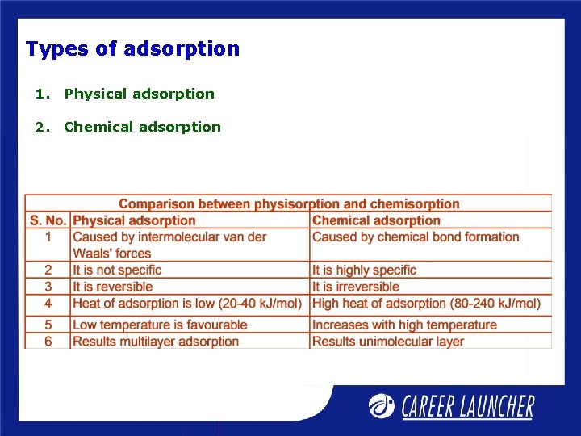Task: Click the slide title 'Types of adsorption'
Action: [x=132, y=49]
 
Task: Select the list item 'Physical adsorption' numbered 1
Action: [x=139, y=94]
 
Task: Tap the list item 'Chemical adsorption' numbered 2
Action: [x=142, y=127]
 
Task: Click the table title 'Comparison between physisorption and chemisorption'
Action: [x=289, y=204]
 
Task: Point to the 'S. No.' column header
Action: [x=48, y=220]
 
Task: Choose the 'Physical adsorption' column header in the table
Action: [x=134, y=220]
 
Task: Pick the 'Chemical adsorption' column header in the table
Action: [x=376, y=220]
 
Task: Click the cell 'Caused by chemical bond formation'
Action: [x=416, y=237]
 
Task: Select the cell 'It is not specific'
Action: [x=117, y=270]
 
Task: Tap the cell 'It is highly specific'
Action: [x=364, y=270]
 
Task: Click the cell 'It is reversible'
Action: [x=112, y=287]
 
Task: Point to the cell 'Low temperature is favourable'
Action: [x=160, y=325]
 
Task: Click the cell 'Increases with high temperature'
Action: [x=404, y=325]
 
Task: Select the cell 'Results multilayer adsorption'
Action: [x=156, y=341]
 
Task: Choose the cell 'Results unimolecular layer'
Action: [x=388, y=341]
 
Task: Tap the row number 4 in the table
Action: [x=48, y=304]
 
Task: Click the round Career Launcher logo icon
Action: [x=382, y=405]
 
